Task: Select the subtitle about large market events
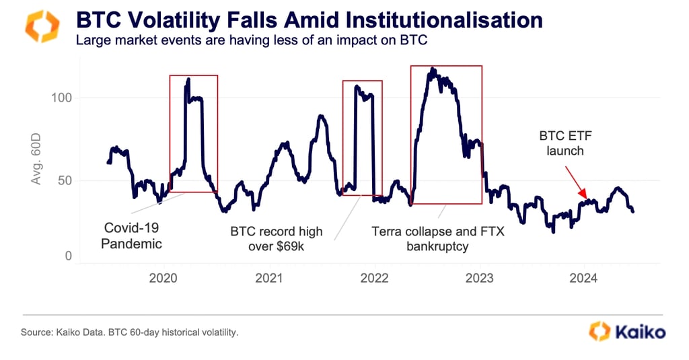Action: pyautogui.click(x=251, y=40)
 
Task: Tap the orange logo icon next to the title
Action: pyautogui.click(x=41, y=26)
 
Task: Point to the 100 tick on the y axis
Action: pyautogui.click(x=62, y=98)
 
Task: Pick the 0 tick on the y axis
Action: pyautogui.click(x=69, y=256)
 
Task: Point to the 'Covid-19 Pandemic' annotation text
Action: pyautogui.click(x=131, y=236)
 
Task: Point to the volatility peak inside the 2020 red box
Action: pyautogui.click(x=188, y=79)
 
